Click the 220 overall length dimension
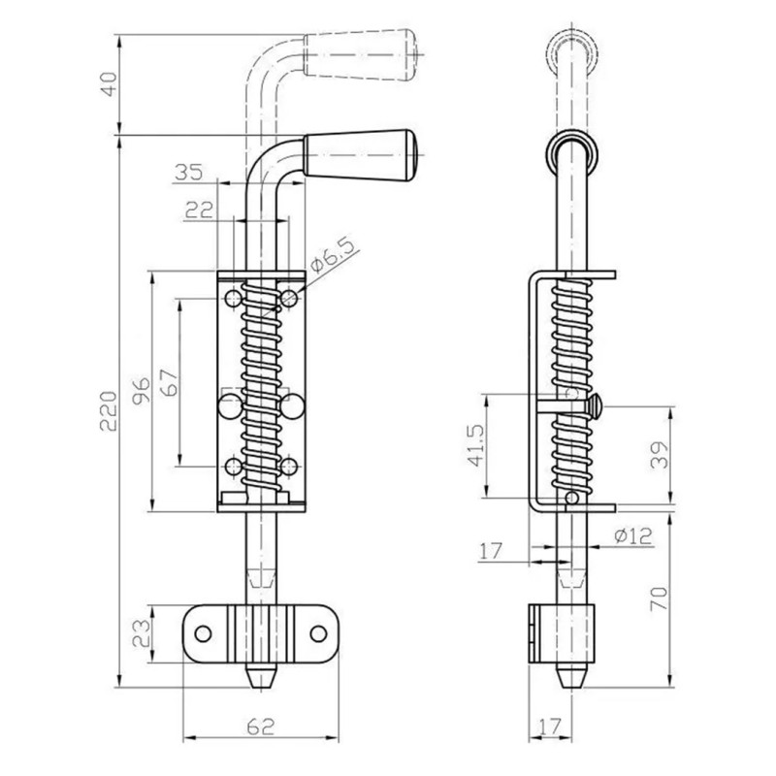[109, 410]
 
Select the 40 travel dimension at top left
[109, 84]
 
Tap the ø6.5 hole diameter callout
[334, 257]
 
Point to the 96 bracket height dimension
[142, 391]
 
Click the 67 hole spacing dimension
[169, 382]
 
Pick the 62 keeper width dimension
[261, 727]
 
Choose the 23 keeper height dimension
[142, 634]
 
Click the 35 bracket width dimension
[188, 173]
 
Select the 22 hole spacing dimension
[200, 210]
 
